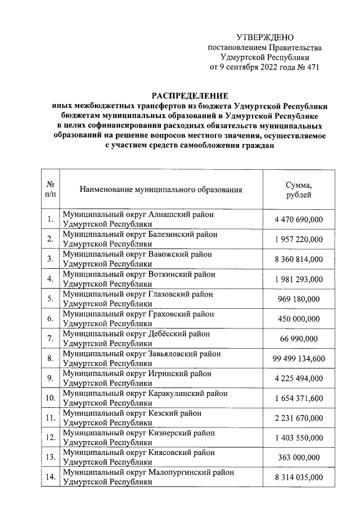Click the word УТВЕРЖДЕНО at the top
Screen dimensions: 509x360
(264, 37)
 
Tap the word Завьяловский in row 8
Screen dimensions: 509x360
(175, 353)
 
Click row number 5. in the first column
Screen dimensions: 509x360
(51, 299)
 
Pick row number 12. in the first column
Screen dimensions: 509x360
(51, 438)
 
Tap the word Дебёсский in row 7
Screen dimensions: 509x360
(171, 334)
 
